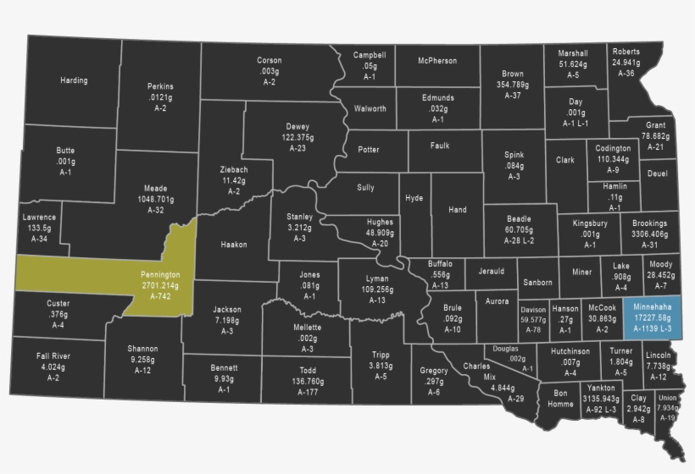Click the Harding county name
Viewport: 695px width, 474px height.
pos(74,81)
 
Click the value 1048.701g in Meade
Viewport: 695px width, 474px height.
pos(155,199)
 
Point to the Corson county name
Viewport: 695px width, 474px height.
pos(270,61)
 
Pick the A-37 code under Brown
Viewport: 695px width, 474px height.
pos(513,96)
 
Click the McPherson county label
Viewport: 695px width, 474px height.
pos(437,61)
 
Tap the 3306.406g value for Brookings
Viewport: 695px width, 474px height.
pos(649,234)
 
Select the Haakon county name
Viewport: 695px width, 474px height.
pos(234,245)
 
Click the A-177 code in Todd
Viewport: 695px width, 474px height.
pos(308,392)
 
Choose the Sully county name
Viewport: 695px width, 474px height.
pos(365,187)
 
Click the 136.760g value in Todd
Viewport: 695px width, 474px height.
pos(308,381)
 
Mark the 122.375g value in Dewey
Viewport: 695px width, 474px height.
pos(297,137)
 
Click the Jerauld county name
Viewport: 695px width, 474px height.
pos(491,271)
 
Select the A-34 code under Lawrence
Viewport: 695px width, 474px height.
pos(39,239)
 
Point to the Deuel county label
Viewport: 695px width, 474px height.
pos(657,174)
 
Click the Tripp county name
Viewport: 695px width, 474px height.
pos(381,355)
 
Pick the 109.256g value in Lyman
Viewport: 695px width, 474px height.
pos(377,289)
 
